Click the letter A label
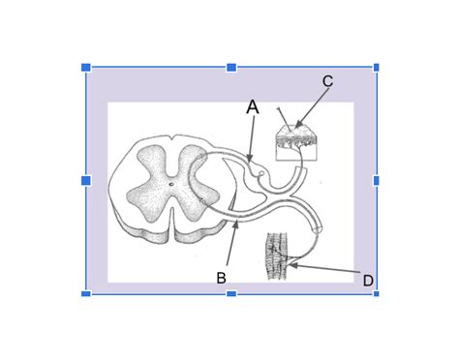[253, 107]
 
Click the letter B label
[221, 278]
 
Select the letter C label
[327, 81]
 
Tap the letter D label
[368, 281]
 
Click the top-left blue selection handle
[85, 67]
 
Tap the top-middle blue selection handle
[231, 67]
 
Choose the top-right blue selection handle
[377, 67]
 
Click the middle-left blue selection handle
[85, 180]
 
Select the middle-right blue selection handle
[377, 180]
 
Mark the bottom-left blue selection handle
[85, 293]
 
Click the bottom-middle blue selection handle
[231, 293]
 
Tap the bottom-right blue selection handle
[377, 293]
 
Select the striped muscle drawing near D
[278, 256]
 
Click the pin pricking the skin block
[281, 116]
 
